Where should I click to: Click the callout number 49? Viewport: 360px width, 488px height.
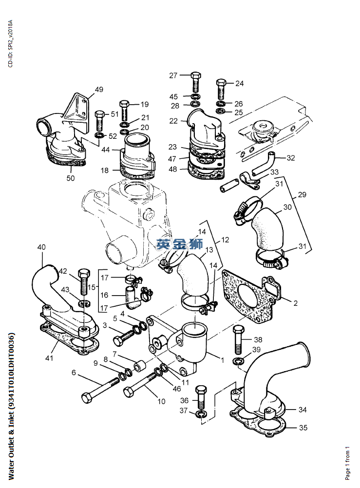(99, 90)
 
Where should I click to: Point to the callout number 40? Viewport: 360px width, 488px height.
(41, 247)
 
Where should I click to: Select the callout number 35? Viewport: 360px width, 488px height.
(303, 428)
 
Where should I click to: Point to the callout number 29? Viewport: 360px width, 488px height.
(302, 195)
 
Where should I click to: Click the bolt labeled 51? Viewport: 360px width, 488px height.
(100, 121)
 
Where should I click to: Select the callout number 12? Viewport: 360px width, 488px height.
(225, 240)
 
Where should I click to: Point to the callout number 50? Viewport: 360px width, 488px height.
(71, 178)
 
